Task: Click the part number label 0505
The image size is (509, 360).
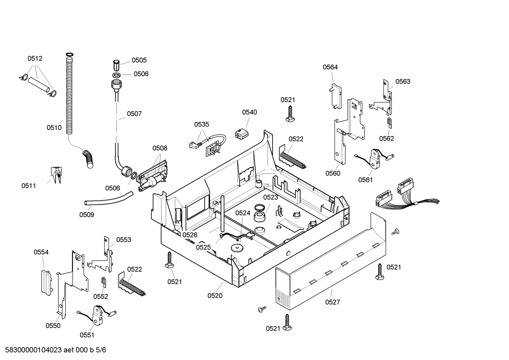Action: (139, 60)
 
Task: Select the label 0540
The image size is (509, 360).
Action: (249, 112)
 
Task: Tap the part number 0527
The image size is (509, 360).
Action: (333, 302)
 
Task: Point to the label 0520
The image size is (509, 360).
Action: (215, 296)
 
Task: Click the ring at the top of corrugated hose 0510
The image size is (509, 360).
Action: (70, 54)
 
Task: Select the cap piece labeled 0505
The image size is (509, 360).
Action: (116, 65)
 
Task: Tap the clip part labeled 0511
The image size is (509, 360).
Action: (55, 175)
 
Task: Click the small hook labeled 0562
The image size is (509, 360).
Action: (389, 124)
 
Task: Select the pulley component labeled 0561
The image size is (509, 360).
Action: (375, 159)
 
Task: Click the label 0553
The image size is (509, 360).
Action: (124, 240)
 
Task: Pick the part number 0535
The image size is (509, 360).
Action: (202, 124)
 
